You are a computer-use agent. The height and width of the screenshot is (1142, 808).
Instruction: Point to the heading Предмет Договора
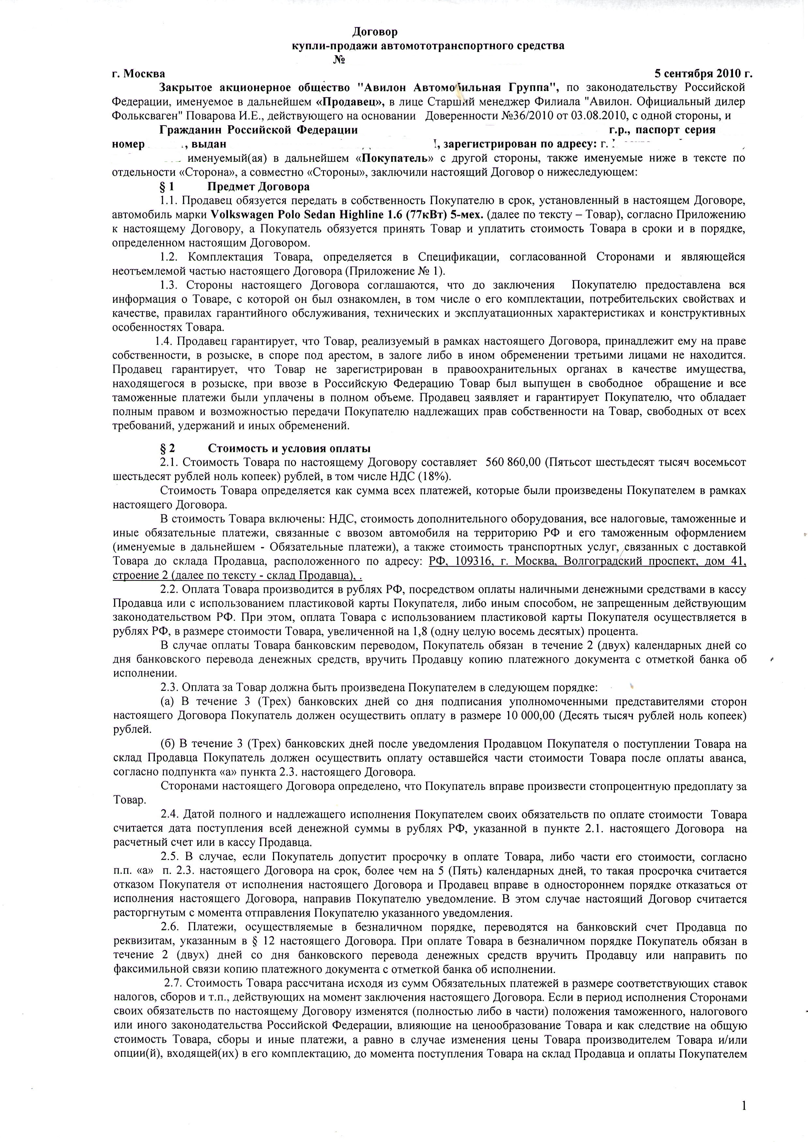pyautogui.click(x=258, y=187)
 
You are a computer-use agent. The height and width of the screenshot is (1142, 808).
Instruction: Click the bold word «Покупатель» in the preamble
pyautogui.click(x=394, y=159)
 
